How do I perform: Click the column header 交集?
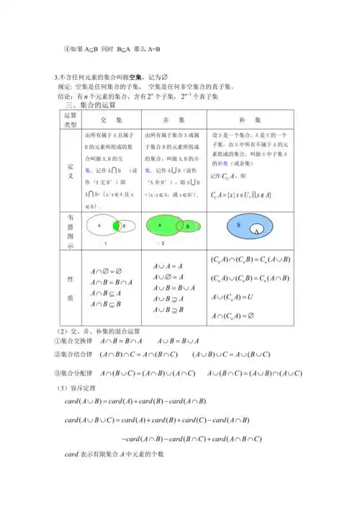pos(110,119)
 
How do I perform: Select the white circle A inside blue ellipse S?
pos(256,231)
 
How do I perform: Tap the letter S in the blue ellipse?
pos(238,224)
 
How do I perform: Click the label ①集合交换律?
pos(74,340)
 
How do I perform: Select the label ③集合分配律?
pos(74,372)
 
